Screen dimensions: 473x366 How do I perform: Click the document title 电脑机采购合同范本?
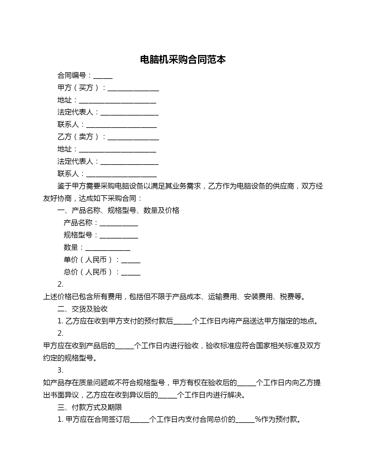pos(183,59)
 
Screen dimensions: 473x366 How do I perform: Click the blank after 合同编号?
pos(103,76)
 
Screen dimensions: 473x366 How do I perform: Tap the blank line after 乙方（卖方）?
pos(133,138)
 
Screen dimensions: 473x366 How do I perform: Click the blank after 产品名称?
pos(119,224)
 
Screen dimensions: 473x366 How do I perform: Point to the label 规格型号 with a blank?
pos(78,235)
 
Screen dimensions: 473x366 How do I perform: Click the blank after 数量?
pos(108,248)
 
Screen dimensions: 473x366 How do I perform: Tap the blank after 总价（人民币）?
pos(131,273)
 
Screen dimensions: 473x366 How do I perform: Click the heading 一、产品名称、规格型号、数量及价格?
pos(118,211)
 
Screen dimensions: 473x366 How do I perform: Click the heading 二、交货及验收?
pos(82,309)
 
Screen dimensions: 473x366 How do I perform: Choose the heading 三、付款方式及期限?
pos(90,407)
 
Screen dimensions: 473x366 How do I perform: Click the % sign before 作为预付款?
pos(257,420)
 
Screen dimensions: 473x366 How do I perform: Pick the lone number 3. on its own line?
pos(60,370)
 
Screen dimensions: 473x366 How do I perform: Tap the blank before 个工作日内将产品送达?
pos(183,322)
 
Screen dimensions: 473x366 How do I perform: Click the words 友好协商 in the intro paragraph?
pos(57,198)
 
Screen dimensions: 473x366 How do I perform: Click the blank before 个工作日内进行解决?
pos(167,396)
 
